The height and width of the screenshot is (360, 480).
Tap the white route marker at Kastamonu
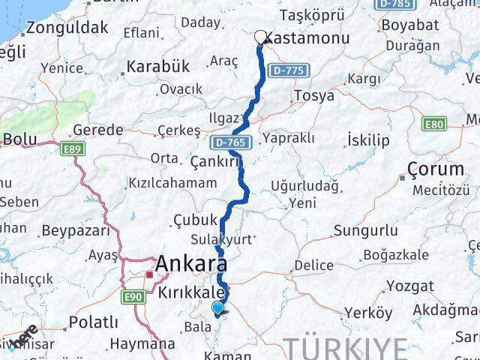point(261,37)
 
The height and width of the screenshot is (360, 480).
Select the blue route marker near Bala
point(217,307)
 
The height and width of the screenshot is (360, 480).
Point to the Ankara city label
point(191,265)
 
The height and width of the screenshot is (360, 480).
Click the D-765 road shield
point(226,142)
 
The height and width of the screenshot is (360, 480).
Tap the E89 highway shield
point(73,150)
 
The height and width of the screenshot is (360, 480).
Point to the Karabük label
point(157,66)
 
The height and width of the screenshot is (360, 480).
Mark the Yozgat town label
point(410,285)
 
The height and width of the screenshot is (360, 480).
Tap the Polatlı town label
point(93,322)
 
